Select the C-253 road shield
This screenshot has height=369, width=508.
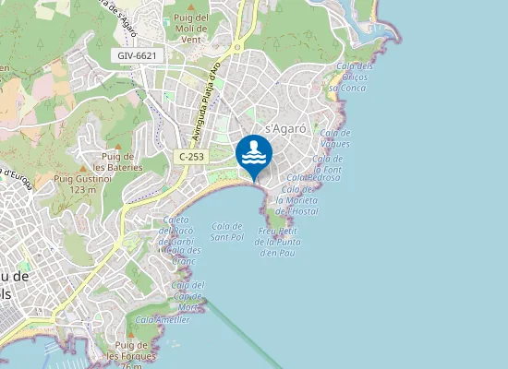pos(191,157)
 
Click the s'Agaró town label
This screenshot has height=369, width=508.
pos(285,127)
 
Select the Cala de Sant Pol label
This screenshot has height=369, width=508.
pos(226,232)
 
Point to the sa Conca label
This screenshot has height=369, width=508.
pos(348,88)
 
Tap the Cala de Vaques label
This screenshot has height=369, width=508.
pos(334,138)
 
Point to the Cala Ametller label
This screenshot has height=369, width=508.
pos(163,319)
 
